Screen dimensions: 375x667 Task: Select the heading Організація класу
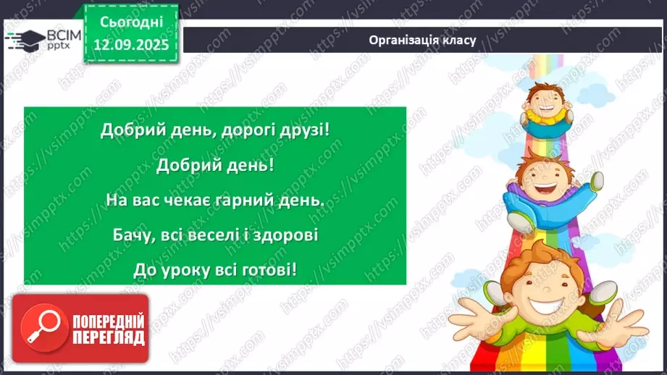coord(421,40)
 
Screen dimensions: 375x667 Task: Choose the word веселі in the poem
coord(214,235)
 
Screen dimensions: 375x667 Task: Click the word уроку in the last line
coord(186,270)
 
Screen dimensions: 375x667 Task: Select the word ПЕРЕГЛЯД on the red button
coord(108,337)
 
